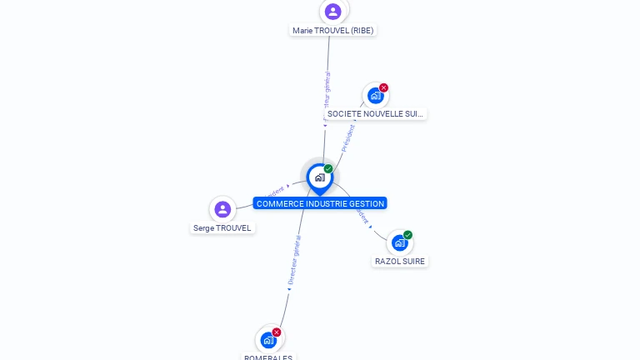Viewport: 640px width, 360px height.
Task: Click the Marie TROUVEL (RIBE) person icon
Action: click(x=333, y=12)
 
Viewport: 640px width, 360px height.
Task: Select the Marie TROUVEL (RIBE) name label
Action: click(x=333, y=30)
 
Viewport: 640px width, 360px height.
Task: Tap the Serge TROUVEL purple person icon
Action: click(x=222, y=209)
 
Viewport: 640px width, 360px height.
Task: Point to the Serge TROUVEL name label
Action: click(x=222, y=227)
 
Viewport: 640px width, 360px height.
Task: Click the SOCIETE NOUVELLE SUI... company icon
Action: click(x=375, y=96)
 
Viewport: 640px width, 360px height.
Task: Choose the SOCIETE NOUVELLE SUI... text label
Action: click(x=376, y=113)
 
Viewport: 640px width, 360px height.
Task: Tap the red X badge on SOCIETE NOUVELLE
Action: click(x=383, y=87)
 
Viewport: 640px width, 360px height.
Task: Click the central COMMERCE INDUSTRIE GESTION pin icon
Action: click(x=319, y=177)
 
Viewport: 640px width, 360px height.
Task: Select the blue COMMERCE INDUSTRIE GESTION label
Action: click(x=320, y=203)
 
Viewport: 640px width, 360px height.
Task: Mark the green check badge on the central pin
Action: click(x=328, y=169)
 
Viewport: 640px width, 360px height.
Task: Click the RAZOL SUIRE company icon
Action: click(x=399, y=242)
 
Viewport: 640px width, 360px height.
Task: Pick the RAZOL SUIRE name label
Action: click(x=400, y=261)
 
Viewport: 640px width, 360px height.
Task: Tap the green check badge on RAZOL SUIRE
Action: click(x=407, y=235)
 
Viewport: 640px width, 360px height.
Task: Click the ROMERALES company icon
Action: click(x=268, y=339)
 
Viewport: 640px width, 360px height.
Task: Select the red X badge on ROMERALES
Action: click(x=277, y=332)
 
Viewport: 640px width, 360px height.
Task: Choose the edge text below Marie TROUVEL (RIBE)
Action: click(x=327, y=93)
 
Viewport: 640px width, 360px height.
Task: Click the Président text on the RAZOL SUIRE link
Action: click(x=362, y=215)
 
